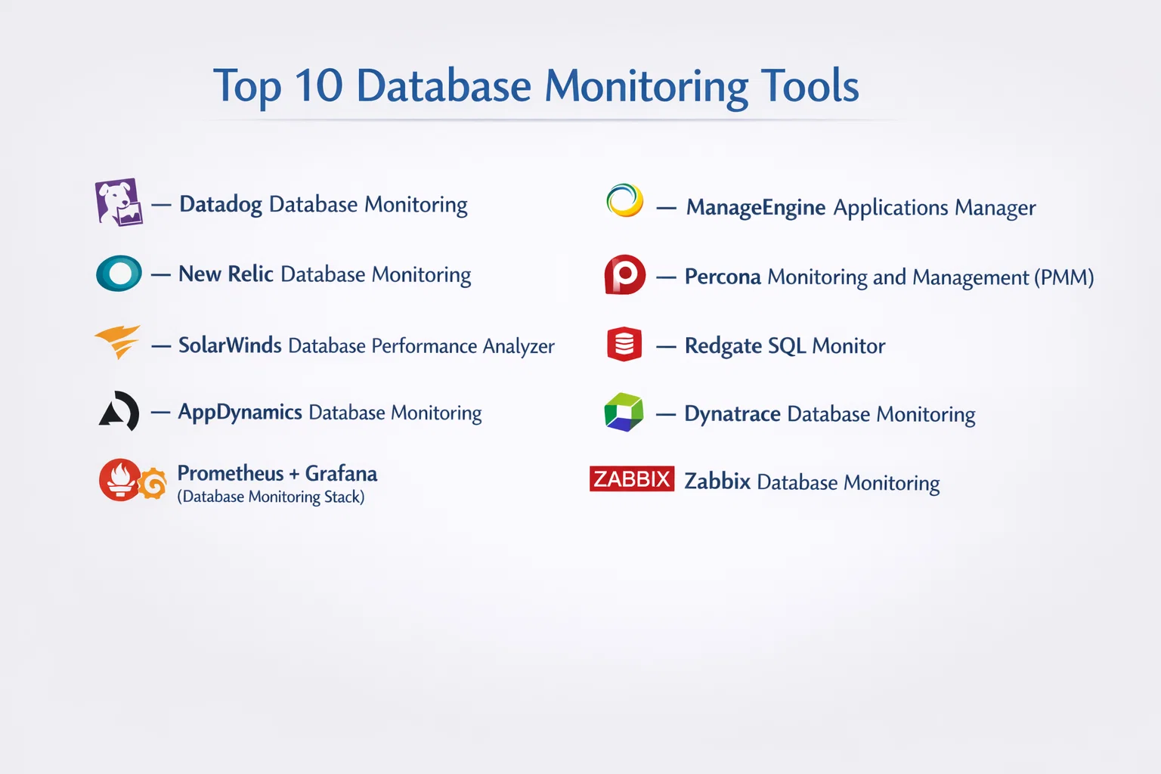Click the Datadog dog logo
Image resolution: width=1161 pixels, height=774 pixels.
pyautogui.click(x=119, y=202)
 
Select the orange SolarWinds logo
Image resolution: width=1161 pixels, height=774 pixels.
pyautogui.click(x=118, y=341)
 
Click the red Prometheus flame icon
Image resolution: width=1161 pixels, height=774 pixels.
pyautogui.click(x=119, y=479)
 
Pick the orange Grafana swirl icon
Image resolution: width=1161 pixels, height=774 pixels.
pyautogui.click(x=153, y=483)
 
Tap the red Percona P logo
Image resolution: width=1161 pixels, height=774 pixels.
pyautogui.click(x=624, y=275)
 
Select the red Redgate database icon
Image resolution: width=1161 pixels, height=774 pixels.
pyautogui.click(x=624, y=344)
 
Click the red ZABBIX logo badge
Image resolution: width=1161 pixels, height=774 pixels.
pyautogui.click(x=632, y=478)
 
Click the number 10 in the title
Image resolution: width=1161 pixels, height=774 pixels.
pyautogui.click(x=319, y=85)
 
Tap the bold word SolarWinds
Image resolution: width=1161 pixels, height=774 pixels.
pyautogui.click(x=230, y=345)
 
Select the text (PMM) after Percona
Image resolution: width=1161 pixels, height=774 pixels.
pyautogui.click(x=1064, y=277)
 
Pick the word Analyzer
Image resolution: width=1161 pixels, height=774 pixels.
pyautogui.click(x=519, y=346)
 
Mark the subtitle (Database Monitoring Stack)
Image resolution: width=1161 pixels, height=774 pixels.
pyautogui.click(x=271, y=497)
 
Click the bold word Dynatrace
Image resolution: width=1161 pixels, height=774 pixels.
pyautogui.click(x=732, y=413)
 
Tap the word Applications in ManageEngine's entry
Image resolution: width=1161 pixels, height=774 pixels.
pyautogui.click(x=891, y=208)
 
